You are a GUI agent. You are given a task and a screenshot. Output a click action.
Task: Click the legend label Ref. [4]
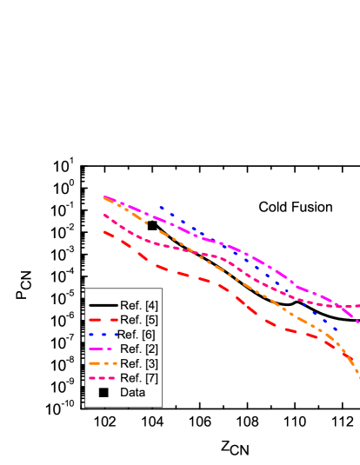[139, 305]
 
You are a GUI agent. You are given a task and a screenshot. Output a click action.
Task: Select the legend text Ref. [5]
[139, 320]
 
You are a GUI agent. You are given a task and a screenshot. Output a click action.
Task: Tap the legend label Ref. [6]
[137, 335]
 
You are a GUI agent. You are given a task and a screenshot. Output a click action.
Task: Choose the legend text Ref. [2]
[139, 349]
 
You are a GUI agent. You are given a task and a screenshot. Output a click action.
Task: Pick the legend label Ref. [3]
[139, 363]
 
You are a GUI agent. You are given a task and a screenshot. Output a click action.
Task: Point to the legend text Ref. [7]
[139, 378]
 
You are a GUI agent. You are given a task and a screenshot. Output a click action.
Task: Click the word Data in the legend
[133, 393]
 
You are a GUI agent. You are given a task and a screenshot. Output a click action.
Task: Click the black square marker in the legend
[103, 393]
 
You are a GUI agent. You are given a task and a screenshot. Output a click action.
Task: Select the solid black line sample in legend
[103, 305]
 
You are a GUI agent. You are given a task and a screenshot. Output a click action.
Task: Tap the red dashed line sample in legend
[103, 320]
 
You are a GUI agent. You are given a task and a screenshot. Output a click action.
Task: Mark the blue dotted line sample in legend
[103, 335]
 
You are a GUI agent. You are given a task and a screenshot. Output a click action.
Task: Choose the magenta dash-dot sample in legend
[103, 349]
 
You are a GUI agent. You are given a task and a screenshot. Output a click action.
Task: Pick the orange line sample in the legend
[103, 363]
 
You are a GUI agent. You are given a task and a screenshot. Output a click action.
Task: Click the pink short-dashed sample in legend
[103, 378]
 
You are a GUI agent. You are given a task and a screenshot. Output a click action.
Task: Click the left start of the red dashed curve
[104, 231]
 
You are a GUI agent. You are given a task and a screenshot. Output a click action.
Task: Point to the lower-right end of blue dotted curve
[335, 329]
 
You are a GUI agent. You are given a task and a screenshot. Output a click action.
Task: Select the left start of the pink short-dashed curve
[104, 215]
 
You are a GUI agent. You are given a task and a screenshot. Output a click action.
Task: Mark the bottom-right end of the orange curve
[358, 376]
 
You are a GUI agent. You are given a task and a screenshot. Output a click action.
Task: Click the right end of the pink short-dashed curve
[358, 306]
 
